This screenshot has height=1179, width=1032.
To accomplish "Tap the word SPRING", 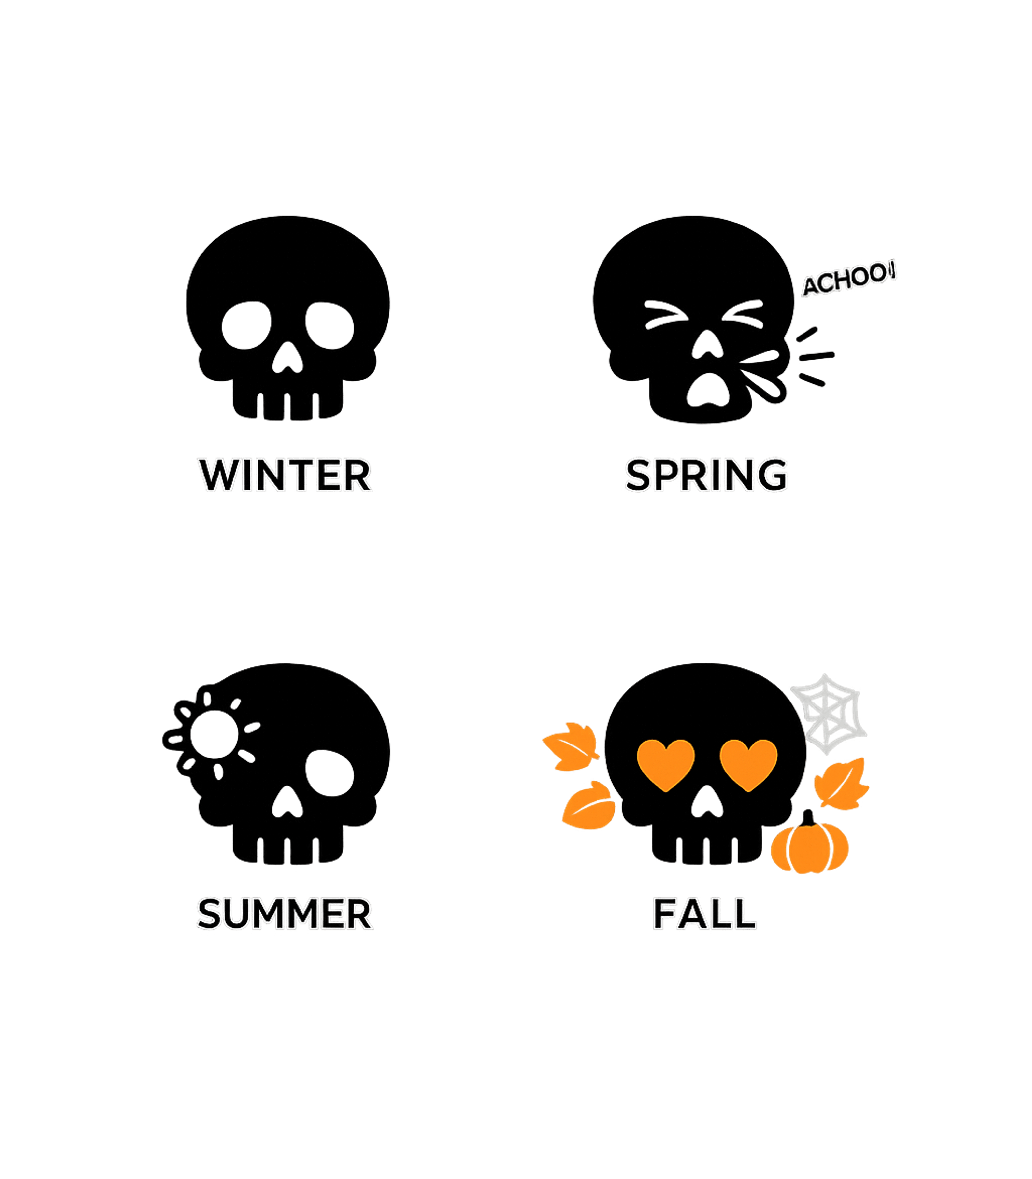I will coord(706,476).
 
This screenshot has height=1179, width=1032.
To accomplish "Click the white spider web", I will coord(829,714).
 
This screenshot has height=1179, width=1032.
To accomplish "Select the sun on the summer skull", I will coord(214,734).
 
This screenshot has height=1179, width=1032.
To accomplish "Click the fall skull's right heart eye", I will coord(748,763).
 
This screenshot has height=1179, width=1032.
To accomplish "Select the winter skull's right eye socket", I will coord(330,325).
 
